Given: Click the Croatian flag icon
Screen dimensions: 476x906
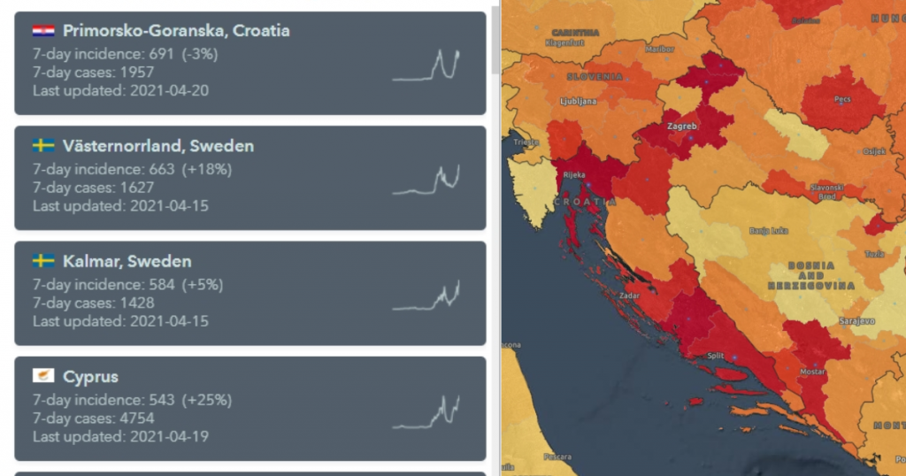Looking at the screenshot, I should click(x=43, y=31).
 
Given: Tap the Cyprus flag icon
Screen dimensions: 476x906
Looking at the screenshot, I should click(x=43, y=377).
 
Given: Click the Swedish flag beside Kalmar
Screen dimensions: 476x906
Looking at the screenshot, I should click(x=43, y=261).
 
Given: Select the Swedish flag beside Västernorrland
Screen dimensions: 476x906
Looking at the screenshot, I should click(x=43, y=146).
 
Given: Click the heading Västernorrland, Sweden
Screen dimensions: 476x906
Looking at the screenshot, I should click(x=157, y=146).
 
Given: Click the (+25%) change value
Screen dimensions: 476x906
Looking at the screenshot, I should click(x=207, y=400).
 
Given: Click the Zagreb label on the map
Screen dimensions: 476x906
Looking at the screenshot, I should click(x=682, y=127).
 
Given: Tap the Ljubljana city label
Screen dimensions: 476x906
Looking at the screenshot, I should click(x=578, y=102).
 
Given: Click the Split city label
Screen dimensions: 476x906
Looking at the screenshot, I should click(x=716, y=356).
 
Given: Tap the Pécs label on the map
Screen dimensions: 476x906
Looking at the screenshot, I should click(x=842, y=100).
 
